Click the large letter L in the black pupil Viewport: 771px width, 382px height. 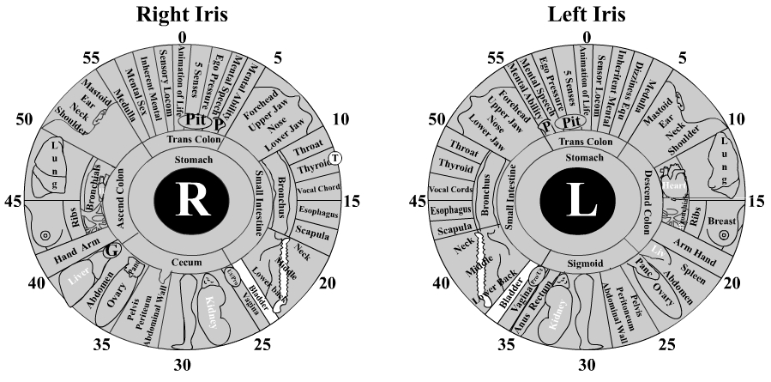582,200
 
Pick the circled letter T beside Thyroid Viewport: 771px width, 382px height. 335,157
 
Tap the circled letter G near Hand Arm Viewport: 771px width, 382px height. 110,252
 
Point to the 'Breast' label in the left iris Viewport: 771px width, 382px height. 723,221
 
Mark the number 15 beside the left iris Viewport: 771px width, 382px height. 755,202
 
